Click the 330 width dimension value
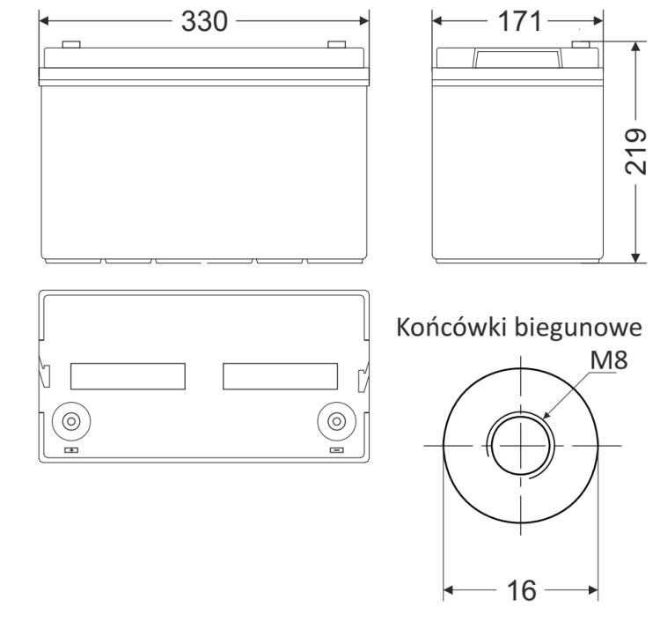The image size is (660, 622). [x=204, y=21]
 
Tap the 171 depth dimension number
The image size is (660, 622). [x=519, y=21]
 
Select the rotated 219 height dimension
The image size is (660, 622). [x=635, y=151]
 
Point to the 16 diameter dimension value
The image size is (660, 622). [x=522, y=590]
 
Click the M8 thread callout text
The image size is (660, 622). [x=609, y=359]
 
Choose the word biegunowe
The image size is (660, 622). [x=579, y=328]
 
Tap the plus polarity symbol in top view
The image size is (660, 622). [x=71, y=450]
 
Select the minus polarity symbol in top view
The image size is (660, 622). [x=336, y=450]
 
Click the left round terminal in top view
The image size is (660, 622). [x=71, y=421]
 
